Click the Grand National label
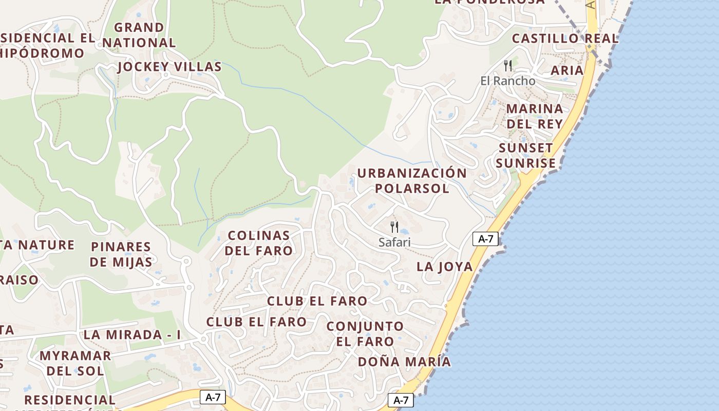click(x=139, y=35)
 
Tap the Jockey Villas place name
click(x=169, y=67)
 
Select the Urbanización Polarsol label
click(x=412, y=180)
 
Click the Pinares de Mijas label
click(x=121, y=254)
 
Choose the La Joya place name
click(x=444, y=266)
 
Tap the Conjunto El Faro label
click(x=365, y=333)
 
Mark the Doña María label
click(x=404, y=362)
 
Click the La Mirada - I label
click(x=132, y=334)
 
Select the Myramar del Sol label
click(x=75, y=363)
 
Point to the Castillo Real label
click(x=565, y=39)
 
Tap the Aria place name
click(x=567, y=70)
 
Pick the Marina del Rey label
click(x=535, y=116)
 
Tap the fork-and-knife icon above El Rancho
click(x=508, y=66)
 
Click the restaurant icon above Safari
click(x=394, y=227)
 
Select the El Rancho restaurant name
click(x=508, y=81)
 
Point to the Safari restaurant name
click(x=394, y=242)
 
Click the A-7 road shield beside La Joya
click(x=485, y=238)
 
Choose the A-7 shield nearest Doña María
click(x=401, y=400)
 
